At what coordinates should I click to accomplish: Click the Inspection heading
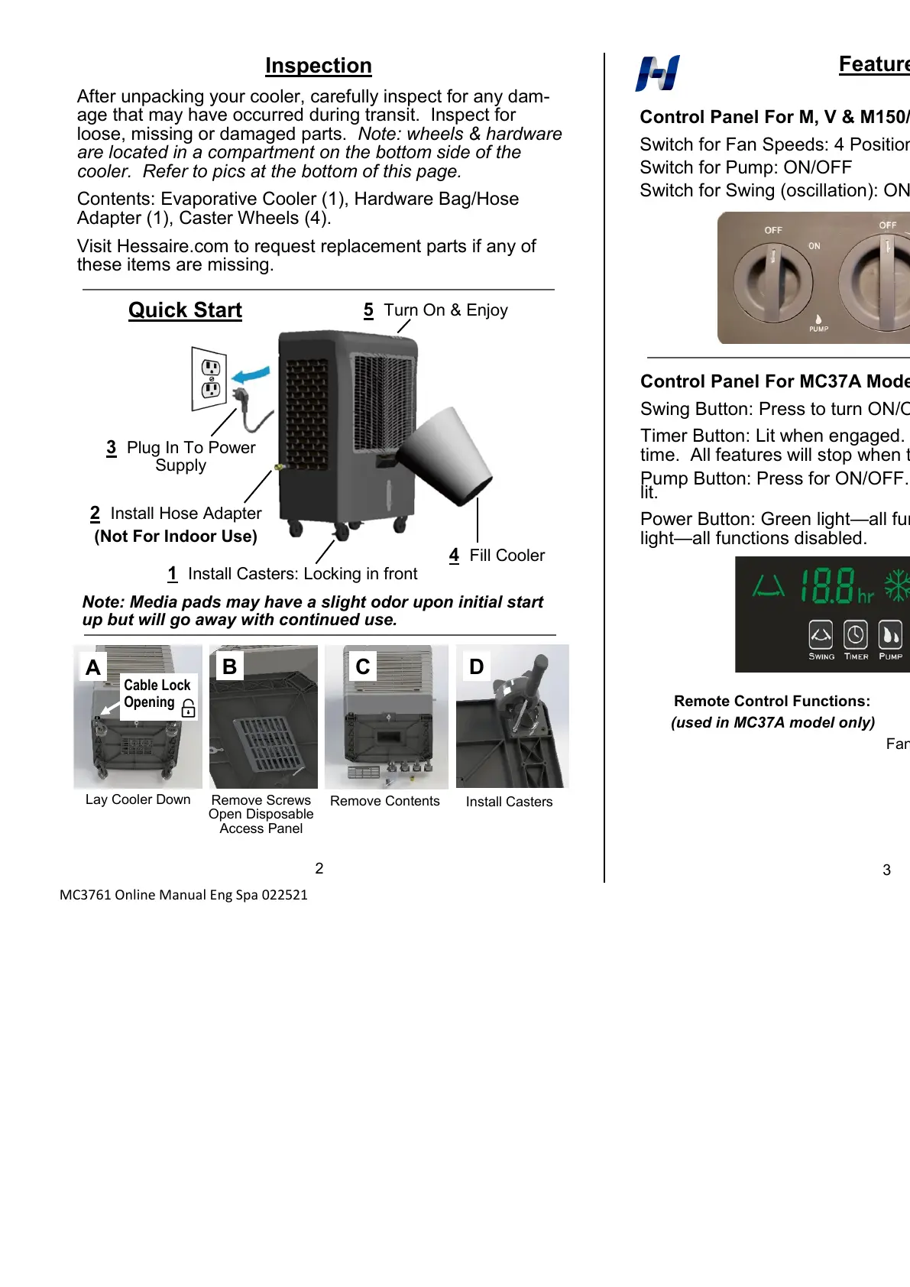coord(318,66)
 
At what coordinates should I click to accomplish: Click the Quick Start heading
coord(185,310)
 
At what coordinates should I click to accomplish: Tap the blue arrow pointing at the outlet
coord(252,375)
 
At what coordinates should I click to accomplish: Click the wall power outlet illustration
coord(209,379)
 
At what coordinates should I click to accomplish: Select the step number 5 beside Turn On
coord(368,310)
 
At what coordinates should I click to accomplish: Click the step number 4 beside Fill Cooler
coord(454,556)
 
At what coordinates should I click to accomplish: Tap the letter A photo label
coord(93,667)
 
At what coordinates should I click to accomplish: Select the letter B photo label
coord(228,666)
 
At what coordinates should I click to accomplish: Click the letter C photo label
coord(362,666)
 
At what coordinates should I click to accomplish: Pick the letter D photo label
coord(476,666)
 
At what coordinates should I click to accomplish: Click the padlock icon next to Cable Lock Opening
coord(189,708)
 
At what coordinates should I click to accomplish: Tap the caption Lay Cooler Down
coord(138,799)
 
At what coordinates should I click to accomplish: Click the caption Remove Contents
coord(384,801)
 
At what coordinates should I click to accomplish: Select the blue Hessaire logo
coord(657,73)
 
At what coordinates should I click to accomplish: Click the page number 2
coord(319,868)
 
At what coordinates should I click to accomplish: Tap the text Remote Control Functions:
coord(772,701)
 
